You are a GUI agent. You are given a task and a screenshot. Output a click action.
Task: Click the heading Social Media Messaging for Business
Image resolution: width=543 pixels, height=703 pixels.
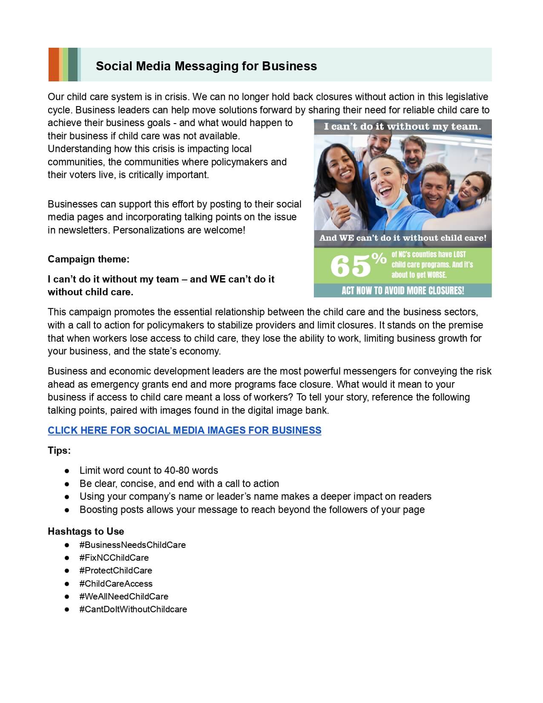click(x=206, y=66)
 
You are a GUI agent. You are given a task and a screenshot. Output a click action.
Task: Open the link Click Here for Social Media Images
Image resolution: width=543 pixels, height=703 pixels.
click(x=184, y=430)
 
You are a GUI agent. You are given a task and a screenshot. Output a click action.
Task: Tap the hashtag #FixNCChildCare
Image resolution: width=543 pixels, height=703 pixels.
click(x=114, y=557)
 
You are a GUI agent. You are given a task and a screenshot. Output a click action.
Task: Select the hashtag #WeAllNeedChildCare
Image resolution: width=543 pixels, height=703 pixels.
click(x=124, y=596)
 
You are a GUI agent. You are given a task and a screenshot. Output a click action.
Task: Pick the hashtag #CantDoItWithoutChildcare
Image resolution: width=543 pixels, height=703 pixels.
click(x=133, y=609)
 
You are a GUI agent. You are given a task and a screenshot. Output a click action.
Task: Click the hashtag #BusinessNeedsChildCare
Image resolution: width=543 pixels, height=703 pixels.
click(x=132, y=545)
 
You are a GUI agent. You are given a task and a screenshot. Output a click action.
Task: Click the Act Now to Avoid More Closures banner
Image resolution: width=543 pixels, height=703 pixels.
click(x=402, y=291)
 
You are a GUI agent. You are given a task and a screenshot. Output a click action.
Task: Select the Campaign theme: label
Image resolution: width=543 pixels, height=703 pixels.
click(x=89, y=259)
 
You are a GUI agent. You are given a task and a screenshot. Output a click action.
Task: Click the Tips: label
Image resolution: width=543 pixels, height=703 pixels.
click(x=59, y=450)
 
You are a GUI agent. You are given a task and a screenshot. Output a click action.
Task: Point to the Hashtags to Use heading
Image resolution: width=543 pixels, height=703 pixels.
click(x=86, y=531)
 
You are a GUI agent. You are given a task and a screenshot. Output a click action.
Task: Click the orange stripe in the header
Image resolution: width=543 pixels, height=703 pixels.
click(x=53, y=64)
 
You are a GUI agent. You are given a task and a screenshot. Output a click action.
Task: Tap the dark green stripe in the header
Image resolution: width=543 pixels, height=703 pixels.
click(x=73, y=64)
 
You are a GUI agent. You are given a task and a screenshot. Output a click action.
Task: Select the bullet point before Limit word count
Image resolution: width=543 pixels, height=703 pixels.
click(x=67, y=471)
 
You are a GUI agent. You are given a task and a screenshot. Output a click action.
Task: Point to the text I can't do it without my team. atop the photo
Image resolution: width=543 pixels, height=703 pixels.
click(x=402, y=127)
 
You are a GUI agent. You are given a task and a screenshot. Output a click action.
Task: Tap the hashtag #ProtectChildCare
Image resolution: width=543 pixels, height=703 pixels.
click(x=115, y=570)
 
